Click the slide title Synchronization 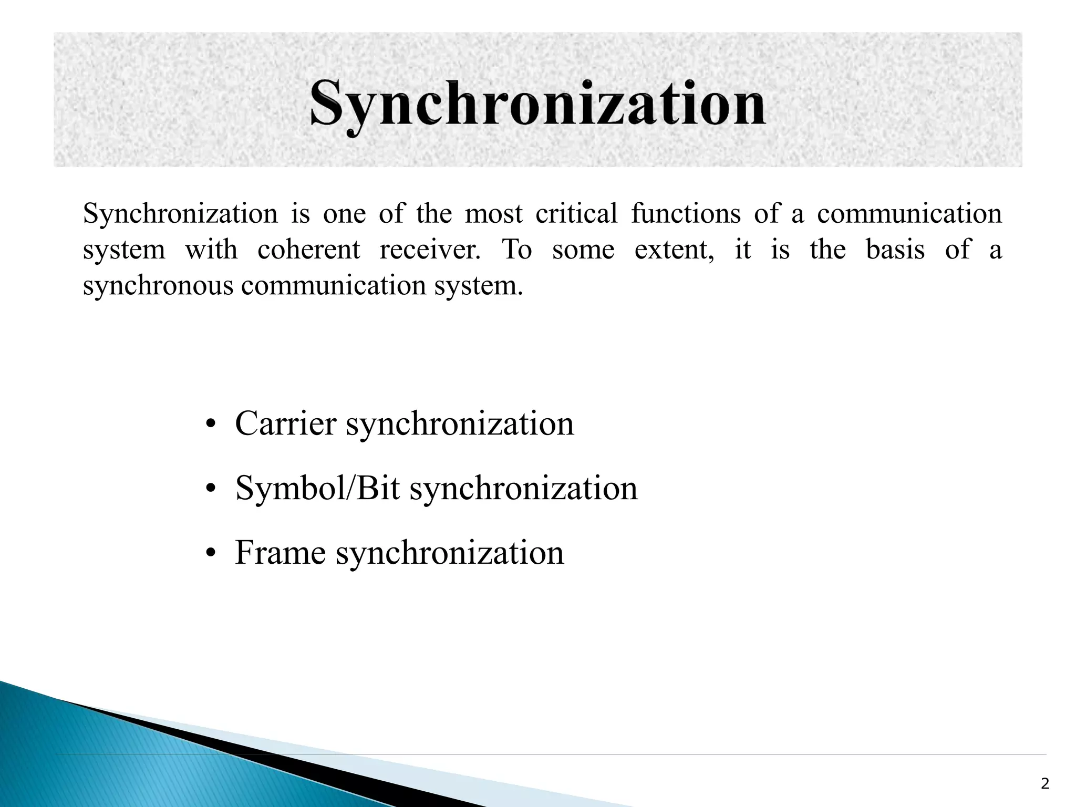(537, 103)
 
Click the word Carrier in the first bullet (285, 423)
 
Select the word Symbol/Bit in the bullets (317, 489)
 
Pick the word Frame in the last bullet (280, 553)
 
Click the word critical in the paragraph (576, 214)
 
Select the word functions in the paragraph (686, 214)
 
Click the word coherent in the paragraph (309, 250)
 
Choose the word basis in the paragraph (895, 250)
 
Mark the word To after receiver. (517, 250)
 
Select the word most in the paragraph (494, 214)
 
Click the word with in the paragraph (211, 250)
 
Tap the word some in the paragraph (583, 250)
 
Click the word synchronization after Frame (450, 553)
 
